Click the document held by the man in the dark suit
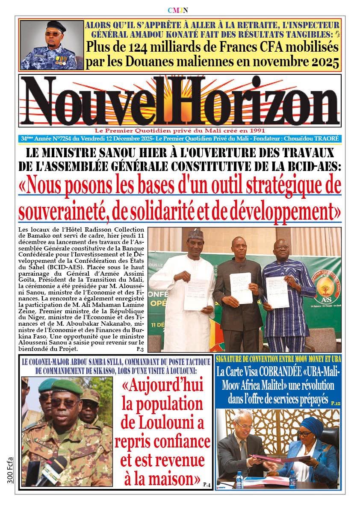(x=240, y=287)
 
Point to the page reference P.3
(x=140, y=349)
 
